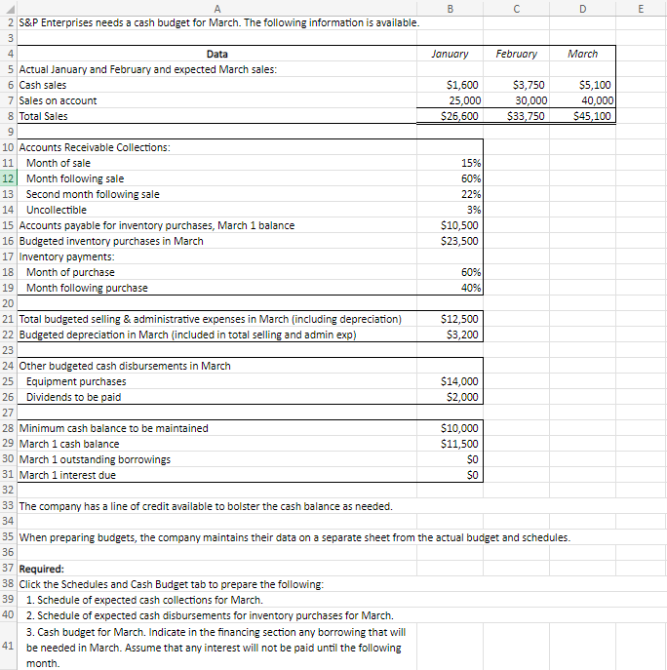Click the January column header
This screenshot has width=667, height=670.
(449, 54)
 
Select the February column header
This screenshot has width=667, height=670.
(517, 54)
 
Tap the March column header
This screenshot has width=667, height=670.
(582, 54)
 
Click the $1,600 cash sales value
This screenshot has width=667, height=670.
(462, 85)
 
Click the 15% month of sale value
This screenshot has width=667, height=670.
(469, 163)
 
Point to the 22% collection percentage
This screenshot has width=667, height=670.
(469, 194)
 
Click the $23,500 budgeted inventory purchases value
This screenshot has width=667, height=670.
(459, 241)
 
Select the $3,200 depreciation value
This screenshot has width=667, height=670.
(462, 335)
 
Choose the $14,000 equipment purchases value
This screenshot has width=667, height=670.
(459, 381)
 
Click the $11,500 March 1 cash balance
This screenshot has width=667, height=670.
(459, 444)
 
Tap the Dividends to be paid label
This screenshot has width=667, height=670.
(73, 397)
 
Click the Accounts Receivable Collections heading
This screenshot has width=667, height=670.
(94, 147)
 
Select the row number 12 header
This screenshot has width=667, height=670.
(8, 178)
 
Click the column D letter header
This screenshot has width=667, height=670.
(582, 8)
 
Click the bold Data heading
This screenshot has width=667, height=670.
(218, 54)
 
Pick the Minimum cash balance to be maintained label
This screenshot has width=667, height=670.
(113, 428)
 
